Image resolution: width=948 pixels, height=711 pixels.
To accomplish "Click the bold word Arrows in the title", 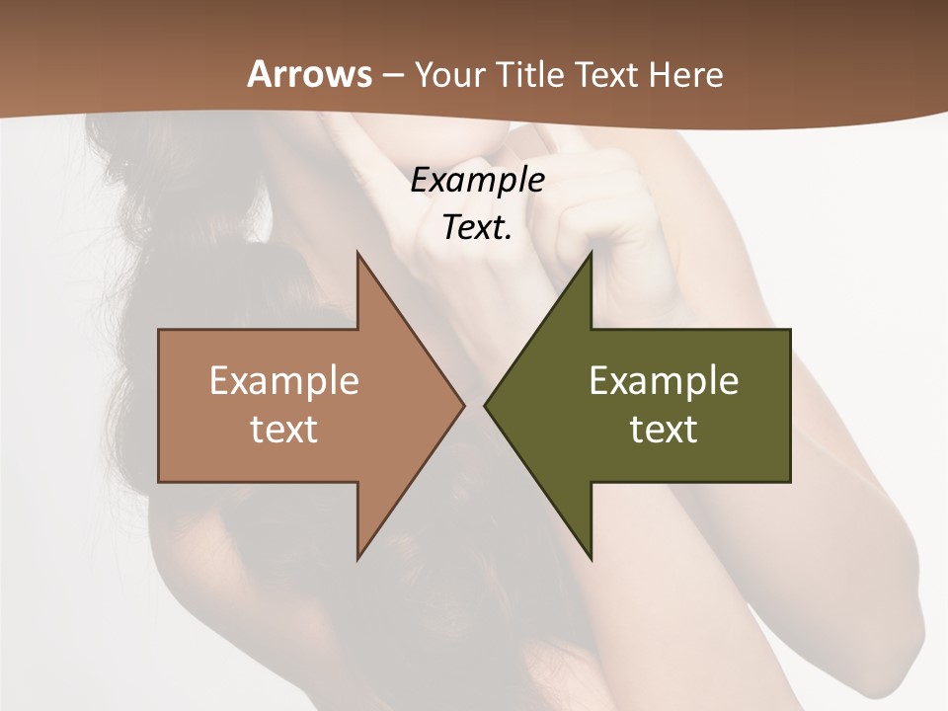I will click(x=310, y=74).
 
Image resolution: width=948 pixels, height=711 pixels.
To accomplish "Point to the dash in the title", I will click(x=393, y=75).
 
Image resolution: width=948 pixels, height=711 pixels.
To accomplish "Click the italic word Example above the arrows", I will click(x=477, y=180).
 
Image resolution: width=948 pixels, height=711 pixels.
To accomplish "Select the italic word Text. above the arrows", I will click(x=477, y=227).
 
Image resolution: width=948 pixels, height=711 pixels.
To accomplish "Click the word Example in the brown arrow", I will click(x=284, y=380).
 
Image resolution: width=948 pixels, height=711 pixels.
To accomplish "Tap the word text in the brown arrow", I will click(x=284, y=429).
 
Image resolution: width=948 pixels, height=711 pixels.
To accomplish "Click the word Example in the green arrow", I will click(x=664, y=380).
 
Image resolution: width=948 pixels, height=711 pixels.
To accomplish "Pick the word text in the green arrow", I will click(x=664, y=429).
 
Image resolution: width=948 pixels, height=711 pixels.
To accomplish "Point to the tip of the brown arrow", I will click(x=464, y=405).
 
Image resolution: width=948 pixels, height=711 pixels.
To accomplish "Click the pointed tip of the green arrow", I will click(x=484, y=405).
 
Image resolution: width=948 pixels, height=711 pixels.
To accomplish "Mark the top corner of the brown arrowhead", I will click(x=357, y=253).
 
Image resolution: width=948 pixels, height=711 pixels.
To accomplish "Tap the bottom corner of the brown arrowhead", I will click(x=357, y=559).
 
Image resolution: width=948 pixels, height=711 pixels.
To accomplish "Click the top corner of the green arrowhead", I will click(x=591, y=253).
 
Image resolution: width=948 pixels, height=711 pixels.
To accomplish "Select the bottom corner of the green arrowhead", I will click(x=591, y=559).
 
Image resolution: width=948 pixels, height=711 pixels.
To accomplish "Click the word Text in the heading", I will click(x=607, y=74).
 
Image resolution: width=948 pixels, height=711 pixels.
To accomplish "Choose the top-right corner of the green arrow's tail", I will click(x=790, y=330).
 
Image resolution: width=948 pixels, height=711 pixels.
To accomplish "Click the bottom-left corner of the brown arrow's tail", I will click(x=159, y=482).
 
